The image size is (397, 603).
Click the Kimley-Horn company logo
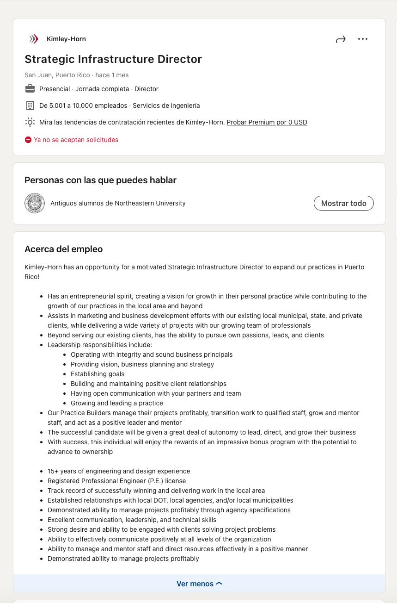coord(34,39)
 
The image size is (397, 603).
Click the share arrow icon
coord(341,39)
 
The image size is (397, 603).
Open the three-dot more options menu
coord(363,39)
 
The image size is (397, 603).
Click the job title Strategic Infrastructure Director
coord(113,59)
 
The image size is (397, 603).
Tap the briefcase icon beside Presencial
coord(30,89)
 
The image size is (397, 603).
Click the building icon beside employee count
coord(30,106)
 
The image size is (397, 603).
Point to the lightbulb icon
coord(30,122)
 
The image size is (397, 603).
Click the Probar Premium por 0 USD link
coord(267,122)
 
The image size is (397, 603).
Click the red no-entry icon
coord(28,140)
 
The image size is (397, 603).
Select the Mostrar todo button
coord(343,203)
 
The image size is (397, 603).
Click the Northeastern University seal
coord(35,203)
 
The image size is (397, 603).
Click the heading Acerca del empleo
coord(64,249)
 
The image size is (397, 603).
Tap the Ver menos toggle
coord(199,584)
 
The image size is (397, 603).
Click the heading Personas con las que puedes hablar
coord(100,180)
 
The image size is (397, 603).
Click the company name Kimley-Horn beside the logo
coord(66,39)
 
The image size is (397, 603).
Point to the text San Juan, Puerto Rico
coord(57,75)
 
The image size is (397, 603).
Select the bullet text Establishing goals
coord(98,374)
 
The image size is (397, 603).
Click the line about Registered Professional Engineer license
coord(116,481)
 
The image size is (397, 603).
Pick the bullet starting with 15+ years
coord(119,471)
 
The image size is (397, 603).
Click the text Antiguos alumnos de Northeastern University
coord(118,203)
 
